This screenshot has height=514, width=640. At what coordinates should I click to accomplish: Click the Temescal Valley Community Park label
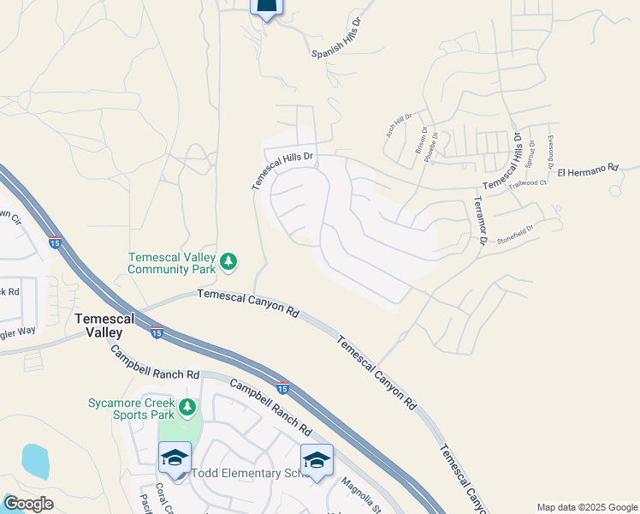(x=171, y=262)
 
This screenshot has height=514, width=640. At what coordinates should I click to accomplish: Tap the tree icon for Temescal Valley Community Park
(x=228, y=261)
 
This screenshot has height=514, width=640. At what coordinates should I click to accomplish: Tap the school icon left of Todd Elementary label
(x=175, y=457)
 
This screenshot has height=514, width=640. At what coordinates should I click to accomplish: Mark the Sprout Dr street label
(x=531, y=152)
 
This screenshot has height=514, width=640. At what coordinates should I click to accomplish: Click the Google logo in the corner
(x=28, y=504)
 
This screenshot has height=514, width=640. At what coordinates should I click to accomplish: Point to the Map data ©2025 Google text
(x=587, y=507)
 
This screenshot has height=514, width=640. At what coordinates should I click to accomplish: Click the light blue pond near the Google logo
(x=34, y=462)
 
